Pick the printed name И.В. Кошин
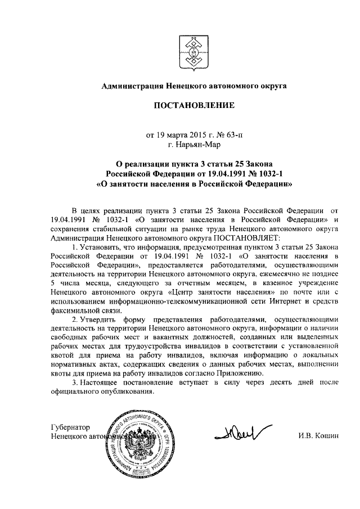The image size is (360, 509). point(318,436)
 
